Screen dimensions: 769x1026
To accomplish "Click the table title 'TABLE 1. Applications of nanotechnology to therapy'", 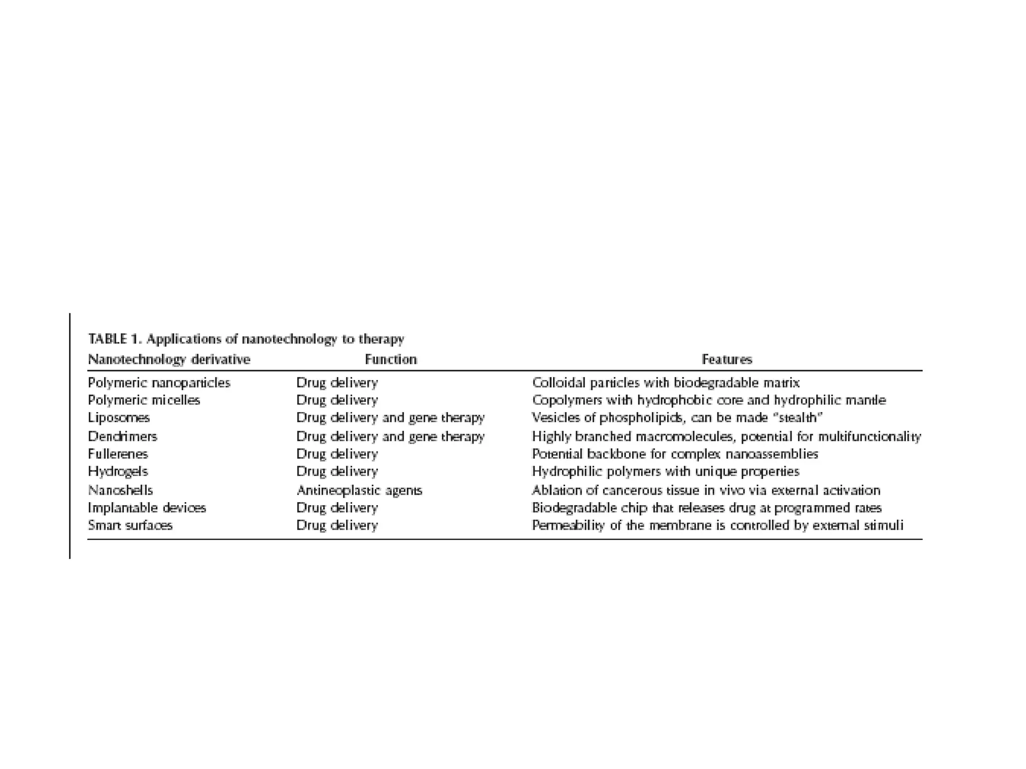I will (x=246, y=339).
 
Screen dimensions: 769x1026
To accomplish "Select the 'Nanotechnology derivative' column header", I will (x=169, y=359).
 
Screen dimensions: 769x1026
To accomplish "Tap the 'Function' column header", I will (x=391, y=359).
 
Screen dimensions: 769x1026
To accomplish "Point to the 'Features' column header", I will (x=727, y=359).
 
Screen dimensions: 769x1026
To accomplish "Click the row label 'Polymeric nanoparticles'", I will (x=159, y=383).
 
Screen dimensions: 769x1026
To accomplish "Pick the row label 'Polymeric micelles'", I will (x=144, y=401).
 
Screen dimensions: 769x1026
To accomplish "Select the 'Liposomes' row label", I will (x=119, y=418).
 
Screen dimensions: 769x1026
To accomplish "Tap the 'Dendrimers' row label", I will (x=122, y=437).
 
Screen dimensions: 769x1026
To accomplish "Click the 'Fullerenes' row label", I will (x=118, y=454).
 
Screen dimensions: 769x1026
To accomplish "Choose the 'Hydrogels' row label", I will (x=118, y=472).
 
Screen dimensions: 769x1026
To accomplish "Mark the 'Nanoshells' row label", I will (x=120, y=490).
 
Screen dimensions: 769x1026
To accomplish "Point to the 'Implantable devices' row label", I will (x=147, y=508).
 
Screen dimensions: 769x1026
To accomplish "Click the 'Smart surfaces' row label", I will (x=130, y=525).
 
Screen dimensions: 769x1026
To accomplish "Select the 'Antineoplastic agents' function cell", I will (x=359, y=490).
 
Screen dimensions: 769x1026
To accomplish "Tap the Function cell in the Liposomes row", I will (x=390, y=418).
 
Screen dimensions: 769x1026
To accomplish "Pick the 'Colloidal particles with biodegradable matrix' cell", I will (x=666, y=383).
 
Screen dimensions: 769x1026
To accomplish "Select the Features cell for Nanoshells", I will (x=706, y=490).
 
